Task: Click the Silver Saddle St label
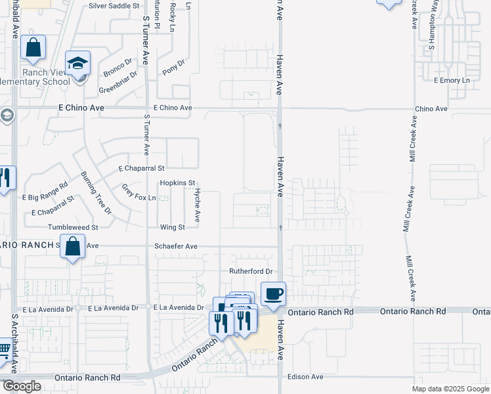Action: coord(114,5)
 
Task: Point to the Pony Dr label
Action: coord(174,68)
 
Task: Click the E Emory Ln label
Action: coord(452,80)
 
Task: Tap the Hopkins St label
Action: coord(178,183)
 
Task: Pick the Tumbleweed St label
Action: coord(72,227)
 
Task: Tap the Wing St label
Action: coord(173,227)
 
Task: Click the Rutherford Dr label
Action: coord(250,271)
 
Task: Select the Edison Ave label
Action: coord(306,377)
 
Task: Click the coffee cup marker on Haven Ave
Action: coord(273,294)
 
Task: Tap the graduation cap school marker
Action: coord(77,64)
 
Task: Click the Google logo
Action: coord(21,386)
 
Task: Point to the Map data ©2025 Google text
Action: coord(450,389)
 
